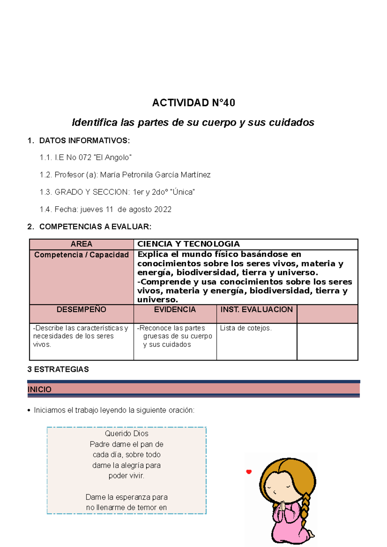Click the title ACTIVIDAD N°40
(x=193, y=103)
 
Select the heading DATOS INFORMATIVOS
(x=84, y=140)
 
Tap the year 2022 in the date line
(x=163, y=209)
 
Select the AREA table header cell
(x=81, y=244)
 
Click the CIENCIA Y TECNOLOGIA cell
(x=189, y=244)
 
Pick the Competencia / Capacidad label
(x=81, y=255)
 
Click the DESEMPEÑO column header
(x=81, y=310)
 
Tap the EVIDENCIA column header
(x=175, y=310)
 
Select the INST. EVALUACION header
(x=256, y=310)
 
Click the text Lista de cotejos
(x=246, y=328)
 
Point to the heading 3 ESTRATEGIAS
(x=58, y=369)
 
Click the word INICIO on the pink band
(x=39, y=389)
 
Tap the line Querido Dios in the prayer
(x=126, y=434)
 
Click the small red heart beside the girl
(x=249, y=472)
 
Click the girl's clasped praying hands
(x=282, y=505)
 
